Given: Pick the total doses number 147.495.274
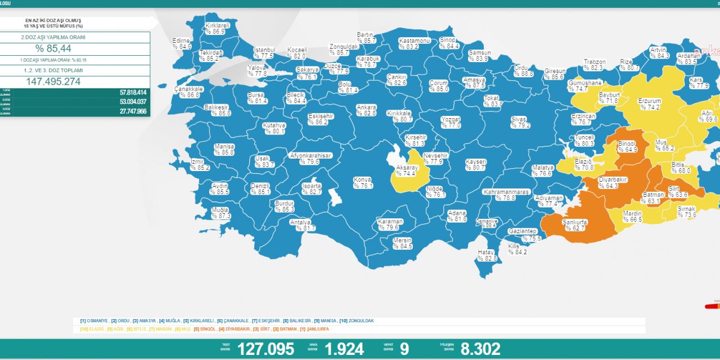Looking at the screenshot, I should pos(53,82).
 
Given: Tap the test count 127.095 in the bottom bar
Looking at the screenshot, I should pos(265,349).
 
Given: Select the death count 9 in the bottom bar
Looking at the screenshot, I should pos(404,349).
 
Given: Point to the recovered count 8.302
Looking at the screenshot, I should pos(480,349).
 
